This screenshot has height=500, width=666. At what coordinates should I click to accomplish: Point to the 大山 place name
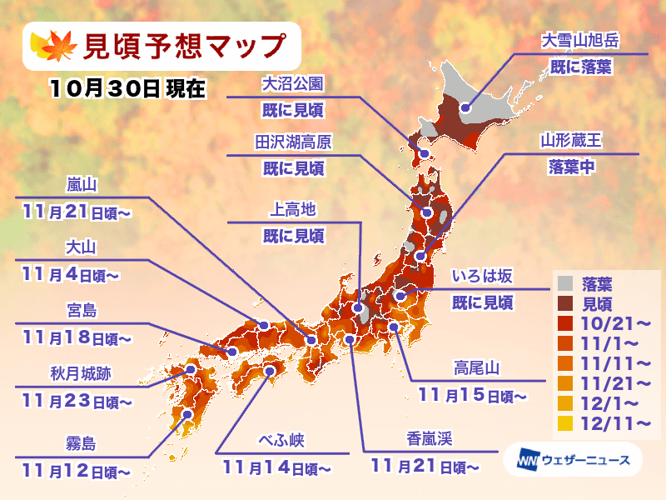click(81, 247)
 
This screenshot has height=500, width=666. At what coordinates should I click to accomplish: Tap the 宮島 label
click(82, 311)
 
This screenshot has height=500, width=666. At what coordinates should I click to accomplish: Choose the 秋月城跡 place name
click(81, 374)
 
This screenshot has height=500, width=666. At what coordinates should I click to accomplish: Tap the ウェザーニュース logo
click(566, 459)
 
